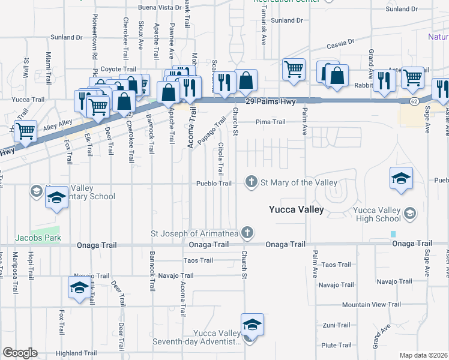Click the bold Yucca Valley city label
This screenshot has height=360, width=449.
coord(296,209)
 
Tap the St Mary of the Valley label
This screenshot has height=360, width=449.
coord(298,182)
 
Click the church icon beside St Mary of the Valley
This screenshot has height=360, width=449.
coord(251,182)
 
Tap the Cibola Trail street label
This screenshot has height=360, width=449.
coord(221,157)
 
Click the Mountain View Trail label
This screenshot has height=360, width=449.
coord(372,305)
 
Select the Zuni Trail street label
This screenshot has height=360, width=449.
coord(336,325)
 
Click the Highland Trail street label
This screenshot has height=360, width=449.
coord(76,353)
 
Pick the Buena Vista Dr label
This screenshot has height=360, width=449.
coord(160,7)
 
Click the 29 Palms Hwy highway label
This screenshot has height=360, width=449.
coord(271,101)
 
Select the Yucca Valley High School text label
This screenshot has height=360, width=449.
coord(376,214)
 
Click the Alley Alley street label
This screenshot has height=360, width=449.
coord(57,122)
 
